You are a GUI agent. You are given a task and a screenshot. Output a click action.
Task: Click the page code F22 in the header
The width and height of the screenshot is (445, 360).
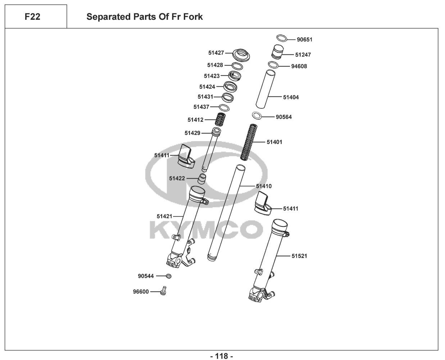pos(32,17)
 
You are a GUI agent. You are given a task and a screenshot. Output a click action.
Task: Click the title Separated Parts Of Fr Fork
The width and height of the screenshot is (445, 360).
pos(144,17)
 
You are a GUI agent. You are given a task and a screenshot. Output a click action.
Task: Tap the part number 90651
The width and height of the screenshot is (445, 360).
pos(304,40)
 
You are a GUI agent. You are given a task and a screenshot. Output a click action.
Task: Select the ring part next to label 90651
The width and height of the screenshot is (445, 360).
pos(282,38)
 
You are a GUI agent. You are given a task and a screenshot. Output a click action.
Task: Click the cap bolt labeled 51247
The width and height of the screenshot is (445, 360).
pos(277,51)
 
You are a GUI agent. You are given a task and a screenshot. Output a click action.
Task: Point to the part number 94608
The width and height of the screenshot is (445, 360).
pos(299,66)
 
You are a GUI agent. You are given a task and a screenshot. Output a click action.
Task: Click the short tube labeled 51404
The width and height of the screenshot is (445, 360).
pos(265,88)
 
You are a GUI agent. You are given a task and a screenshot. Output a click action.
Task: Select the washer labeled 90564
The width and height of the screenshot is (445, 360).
pos(256,116)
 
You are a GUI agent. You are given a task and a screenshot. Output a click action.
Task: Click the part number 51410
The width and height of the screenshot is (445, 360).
pos(264,186)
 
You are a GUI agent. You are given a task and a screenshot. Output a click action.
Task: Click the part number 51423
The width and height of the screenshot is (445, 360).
pos(212,76)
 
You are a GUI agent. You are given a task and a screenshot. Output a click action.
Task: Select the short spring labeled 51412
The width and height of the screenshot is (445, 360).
pos(221,120)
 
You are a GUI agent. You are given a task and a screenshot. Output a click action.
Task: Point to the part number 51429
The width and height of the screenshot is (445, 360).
pos(192,133)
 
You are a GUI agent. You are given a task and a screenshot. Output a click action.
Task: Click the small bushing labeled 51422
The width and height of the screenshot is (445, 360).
pos(203,178)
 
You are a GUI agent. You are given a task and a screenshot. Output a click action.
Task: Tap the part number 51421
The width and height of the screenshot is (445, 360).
pos(164,216)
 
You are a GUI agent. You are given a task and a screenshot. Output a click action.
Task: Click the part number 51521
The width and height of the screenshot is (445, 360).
pos(299,256)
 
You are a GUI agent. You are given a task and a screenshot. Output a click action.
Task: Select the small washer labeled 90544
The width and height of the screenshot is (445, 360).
pos(168,276)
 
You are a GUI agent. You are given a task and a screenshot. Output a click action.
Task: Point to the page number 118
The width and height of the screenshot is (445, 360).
pos(222,356)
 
